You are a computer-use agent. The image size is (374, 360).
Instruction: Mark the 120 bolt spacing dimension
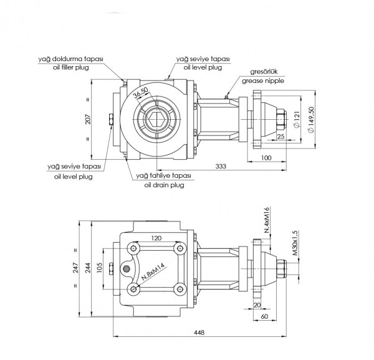pyautogui.click(x=156, y=238)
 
